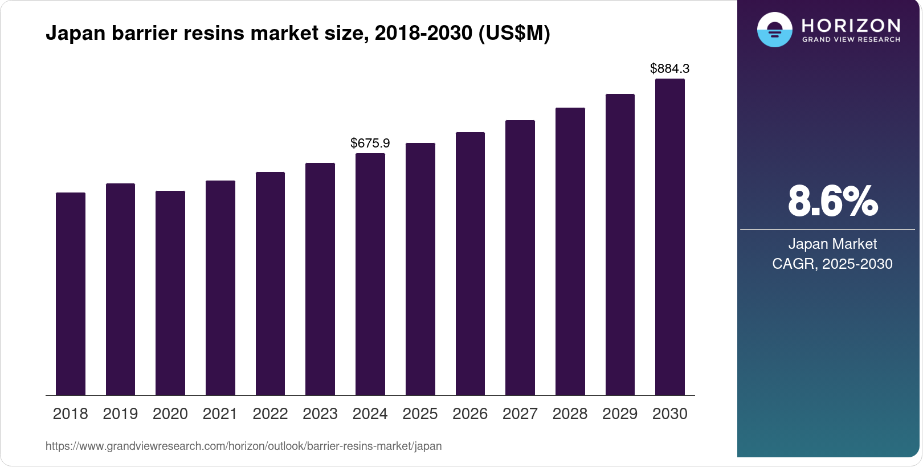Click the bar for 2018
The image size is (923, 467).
[x=71, y=294]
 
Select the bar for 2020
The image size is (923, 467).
[x=170, y=293]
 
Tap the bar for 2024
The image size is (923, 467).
[x=370, y=274]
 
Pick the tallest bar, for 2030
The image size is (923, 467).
[x=670, y=237]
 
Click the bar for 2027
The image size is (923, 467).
[x=520, y=257]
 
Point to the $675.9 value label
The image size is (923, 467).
[x=370, y=143]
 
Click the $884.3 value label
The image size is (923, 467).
[x=669, y=69]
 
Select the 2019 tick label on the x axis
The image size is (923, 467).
[x=120, y=414]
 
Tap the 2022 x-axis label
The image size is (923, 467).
[x=270, y=414]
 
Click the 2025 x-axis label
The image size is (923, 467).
[x=420, y=414]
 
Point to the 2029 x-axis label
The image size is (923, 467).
[x=620, y=414]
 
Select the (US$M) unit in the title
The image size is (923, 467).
[x=514, y=34]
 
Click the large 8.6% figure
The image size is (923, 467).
[x=832, y=201]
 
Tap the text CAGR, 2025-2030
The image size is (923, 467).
[x=832, y=264]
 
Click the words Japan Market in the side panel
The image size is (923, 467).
[x=832, y=244]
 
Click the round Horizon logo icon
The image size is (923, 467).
[x=774, y=30]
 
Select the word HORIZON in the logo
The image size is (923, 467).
[x=851, y=26]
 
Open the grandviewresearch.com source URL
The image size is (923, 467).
[x=243, y=446]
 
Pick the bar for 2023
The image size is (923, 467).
[x=320, y=279]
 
